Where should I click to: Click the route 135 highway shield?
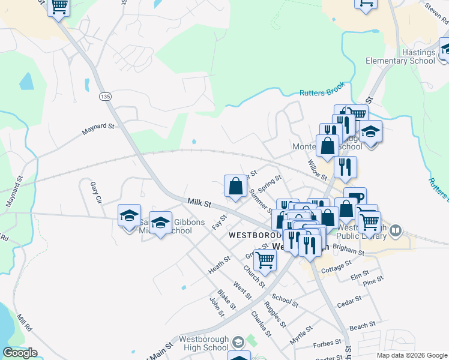coord(106,97)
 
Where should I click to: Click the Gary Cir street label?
coord(94,191)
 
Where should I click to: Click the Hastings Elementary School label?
coord(401,57)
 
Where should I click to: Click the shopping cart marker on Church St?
coord(265,260)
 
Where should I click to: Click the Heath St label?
coord(219,265)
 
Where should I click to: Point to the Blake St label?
coord(226,299)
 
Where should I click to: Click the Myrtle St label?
coord(301,335)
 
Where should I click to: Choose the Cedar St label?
coord(348,304)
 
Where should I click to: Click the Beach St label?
coord(362,325)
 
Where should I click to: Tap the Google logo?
coord(20,353)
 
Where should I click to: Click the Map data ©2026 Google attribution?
coord(412,355)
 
